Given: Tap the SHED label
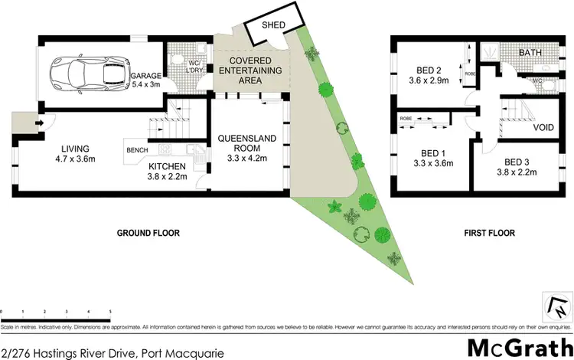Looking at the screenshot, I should (274, 25).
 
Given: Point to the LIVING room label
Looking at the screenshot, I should (77, 154).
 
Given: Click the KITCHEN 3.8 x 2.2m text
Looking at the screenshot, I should (168, 172).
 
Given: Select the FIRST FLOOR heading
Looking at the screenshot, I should (490, 233).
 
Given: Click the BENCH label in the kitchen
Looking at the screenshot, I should (138, 150).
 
